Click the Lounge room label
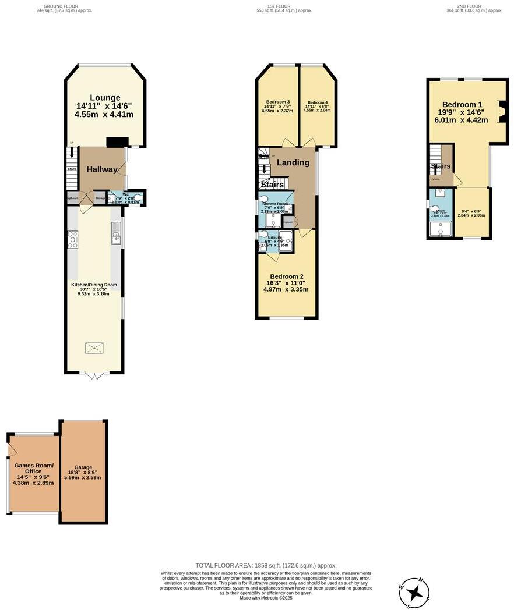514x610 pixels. pyautogui.click(x=105, y=98)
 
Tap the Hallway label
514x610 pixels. pyautogui.click(x=102, y=169)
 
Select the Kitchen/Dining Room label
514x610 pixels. pyautogui.click(x=94, y=285)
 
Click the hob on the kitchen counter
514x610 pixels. pyautogui.click(x=73, y=239)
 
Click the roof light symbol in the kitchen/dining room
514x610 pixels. pyautogui.click(x=94, y=348)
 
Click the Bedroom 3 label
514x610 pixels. pyautogui.click(x=277, y=102)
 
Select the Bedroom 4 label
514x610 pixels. pyautogui.click(x=318, y=102)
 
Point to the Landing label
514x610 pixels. pyautogui.click(x=293, y=162)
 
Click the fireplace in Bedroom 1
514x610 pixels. pyautogui.click(x=499, y=112)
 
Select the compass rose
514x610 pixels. pyautogui.click(x=415, y=593)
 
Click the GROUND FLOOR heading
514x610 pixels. pyautogui.click(x=64, y=6)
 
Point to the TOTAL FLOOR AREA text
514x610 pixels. pyautogui.click(x=266, y=565)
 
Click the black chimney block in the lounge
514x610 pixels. pyautogui.click(x=117, y=141)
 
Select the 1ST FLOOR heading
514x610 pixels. pyautogui.click(x=279, y=6)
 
